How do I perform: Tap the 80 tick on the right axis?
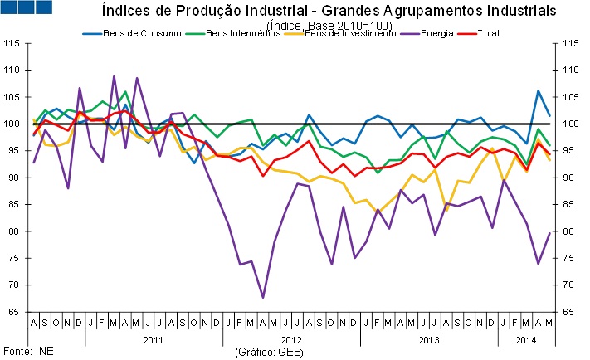tap(568, 231)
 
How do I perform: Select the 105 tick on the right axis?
tap(568, 97)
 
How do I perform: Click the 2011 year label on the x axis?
tap(154, 340)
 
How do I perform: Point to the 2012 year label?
tap(291, 340)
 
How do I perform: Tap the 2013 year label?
tap(429, 340)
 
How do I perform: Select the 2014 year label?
tap(526, 340)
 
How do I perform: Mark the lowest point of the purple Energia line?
tap(263, 297)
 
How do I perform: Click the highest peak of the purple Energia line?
tap(115, 76)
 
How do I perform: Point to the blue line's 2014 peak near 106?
tap(539, 90)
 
